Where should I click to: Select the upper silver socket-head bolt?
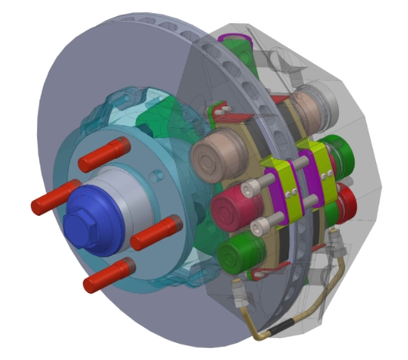250,188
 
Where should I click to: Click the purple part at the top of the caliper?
233,40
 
